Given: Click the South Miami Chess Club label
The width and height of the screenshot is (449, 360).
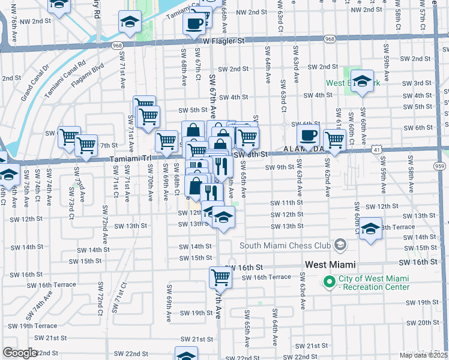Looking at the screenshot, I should [285, 245].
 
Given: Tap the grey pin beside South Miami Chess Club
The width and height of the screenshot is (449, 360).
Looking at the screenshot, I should [340, 244].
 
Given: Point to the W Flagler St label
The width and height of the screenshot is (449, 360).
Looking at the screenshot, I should [224, 41].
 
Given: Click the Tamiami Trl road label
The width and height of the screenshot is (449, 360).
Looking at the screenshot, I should [127, 159].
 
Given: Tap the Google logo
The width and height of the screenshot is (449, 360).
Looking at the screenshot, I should [20, 353].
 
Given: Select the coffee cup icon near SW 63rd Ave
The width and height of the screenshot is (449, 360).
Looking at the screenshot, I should [308, 135].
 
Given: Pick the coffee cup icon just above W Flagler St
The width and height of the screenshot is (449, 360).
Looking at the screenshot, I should [194, 24].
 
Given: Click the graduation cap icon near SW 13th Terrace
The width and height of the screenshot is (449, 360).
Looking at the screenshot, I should [371, 229].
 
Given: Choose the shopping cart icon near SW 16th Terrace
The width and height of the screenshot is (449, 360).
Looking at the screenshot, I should [220, 277].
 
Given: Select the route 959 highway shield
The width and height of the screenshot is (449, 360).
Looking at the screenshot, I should [441, 166].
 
